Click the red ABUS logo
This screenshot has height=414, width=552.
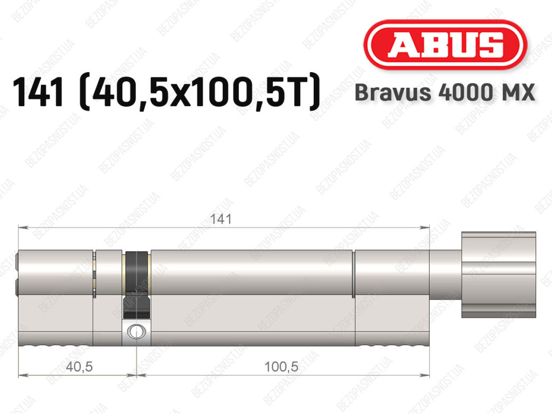coord(445,45)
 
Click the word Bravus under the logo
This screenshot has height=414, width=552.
coord(393,92)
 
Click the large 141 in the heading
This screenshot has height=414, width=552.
coord(38,92)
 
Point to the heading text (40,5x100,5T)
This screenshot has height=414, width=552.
coord(200,93)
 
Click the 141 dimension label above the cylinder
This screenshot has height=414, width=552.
coord(220,219)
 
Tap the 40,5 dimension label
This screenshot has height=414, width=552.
coord(79,367)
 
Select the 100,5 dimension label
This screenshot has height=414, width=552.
coord(281,367)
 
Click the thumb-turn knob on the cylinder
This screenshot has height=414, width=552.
coord(499,275)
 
